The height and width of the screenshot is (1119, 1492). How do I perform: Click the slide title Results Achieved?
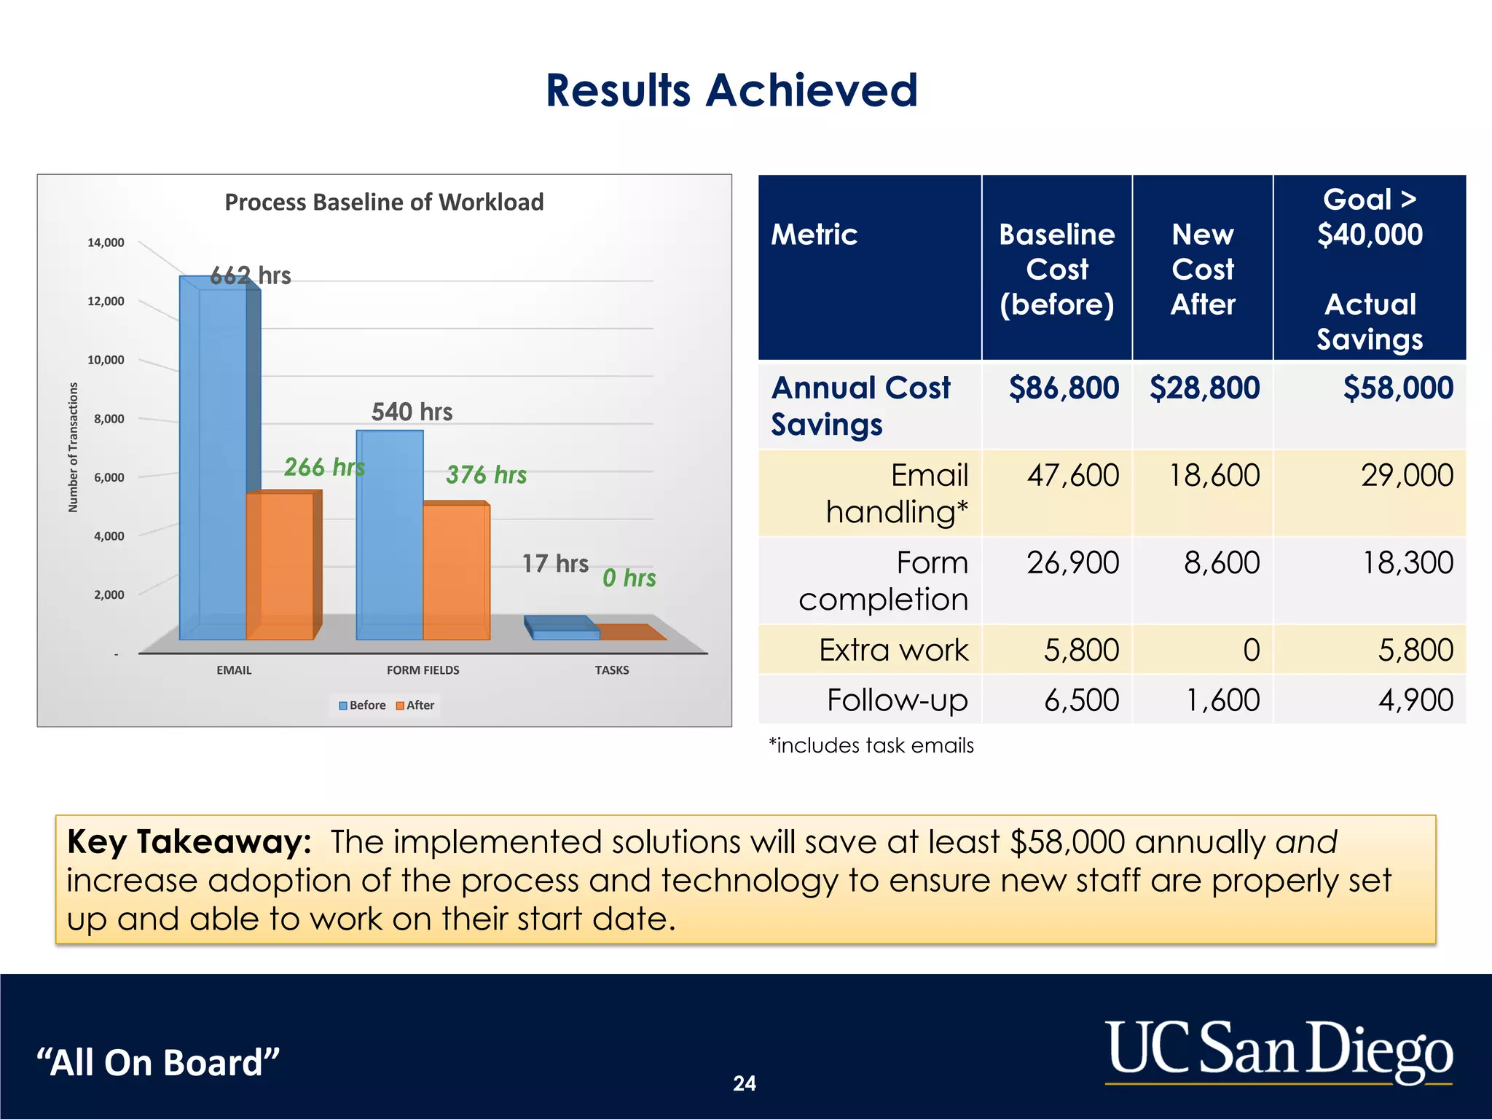(x=731, y=90)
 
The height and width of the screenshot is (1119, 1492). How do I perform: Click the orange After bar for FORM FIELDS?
(x=456, y=572)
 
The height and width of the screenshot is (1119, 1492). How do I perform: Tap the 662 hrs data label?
(x=250, y=275)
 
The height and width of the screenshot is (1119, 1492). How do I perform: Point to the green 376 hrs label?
(x=486, y=475)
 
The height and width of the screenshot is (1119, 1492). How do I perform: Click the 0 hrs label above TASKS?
(x=629, y=578)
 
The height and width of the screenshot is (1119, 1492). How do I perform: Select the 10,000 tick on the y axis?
(x=106, y=360)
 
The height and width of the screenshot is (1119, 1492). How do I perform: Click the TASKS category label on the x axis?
(x=611, y=670)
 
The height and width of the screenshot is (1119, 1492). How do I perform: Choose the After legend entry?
(x=415, y=705)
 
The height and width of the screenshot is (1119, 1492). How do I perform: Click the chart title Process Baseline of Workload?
(x=384, y=202)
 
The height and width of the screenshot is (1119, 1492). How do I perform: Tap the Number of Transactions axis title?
(x=73, y=447)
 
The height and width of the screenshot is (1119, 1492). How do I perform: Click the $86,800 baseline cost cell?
(x=1063, y=388)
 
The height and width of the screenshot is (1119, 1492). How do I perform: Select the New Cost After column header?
(x=1202, y=270)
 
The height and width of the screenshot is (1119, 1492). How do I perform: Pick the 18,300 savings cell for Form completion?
(x=1407, y=563)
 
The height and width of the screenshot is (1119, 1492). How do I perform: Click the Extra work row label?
(x=893, y=650)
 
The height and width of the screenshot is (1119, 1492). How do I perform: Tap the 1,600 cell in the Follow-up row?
(x=1222, y=700)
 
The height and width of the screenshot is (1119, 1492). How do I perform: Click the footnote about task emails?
(x=871, y=745)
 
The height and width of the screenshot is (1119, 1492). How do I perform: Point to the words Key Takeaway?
(x=189, y=842)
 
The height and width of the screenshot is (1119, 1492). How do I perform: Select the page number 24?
(x=744, y=1083)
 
